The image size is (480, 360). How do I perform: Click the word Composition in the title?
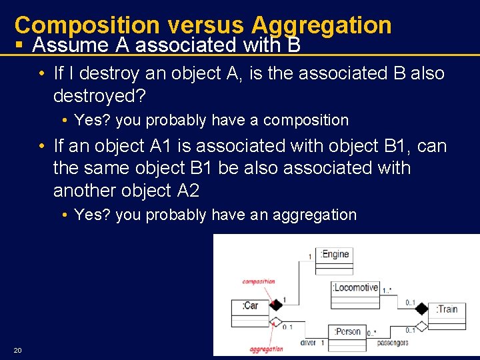87,25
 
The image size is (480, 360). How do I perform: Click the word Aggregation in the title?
321,25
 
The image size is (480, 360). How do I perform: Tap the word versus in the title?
205,25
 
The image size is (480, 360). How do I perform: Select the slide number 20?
17,351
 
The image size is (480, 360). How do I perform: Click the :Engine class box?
334,261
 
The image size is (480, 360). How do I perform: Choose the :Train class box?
447,315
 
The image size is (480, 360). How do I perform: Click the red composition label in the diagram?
258,281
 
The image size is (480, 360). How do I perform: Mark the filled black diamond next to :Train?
421,309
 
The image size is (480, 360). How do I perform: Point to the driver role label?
309,343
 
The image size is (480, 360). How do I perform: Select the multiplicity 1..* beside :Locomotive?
388,290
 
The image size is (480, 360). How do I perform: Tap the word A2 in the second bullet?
188,191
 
